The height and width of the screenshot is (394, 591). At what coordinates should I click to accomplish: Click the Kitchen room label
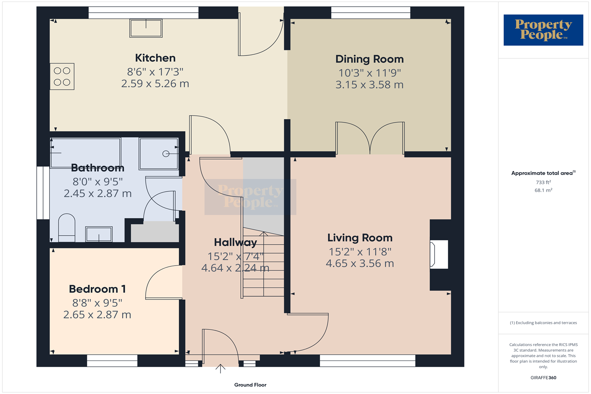point(155,58)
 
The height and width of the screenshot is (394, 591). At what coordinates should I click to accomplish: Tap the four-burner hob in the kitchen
point(62,76)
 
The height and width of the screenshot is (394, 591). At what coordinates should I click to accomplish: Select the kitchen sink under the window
point(146,28)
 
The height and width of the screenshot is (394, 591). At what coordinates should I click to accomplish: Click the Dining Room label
point(369,59)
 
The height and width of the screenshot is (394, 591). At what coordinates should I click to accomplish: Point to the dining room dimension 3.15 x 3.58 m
point(369,85)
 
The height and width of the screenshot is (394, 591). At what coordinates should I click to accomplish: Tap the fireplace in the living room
point(439,255)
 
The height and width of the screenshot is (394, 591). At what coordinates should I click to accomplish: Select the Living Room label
point(360,238)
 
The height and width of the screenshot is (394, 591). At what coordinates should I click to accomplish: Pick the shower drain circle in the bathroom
point(166,154)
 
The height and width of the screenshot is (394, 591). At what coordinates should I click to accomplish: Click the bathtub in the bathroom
point(85,152)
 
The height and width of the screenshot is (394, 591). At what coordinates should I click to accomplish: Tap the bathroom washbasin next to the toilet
point(99,234)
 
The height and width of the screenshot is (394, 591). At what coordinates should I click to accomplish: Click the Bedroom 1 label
point(97,289)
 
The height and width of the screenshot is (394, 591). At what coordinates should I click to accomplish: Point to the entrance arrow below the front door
point(220,369)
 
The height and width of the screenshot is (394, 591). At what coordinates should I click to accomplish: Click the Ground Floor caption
point(250,385)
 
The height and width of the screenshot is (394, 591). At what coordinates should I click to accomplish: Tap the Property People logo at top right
point(543,30)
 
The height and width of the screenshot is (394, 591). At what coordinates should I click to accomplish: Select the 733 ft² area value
point(543,182)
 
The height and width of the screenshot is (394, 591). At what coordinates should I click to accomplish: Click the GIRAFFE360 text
point(543,378)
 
